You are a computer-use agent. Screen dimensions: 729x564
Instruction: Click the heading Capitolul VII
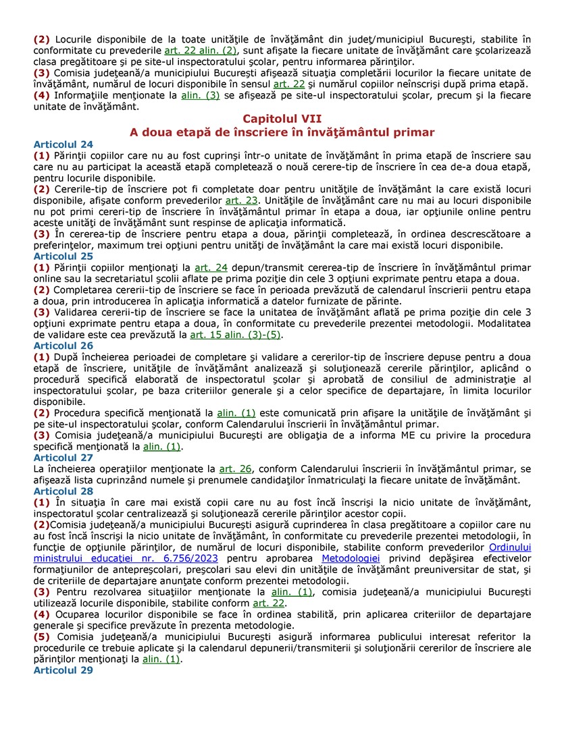pyautogui.click(x=282, y=119)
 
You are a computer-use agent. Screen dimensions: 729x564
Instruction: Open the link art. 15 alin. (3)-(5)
pyautogui.click(x=235, y=335)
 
